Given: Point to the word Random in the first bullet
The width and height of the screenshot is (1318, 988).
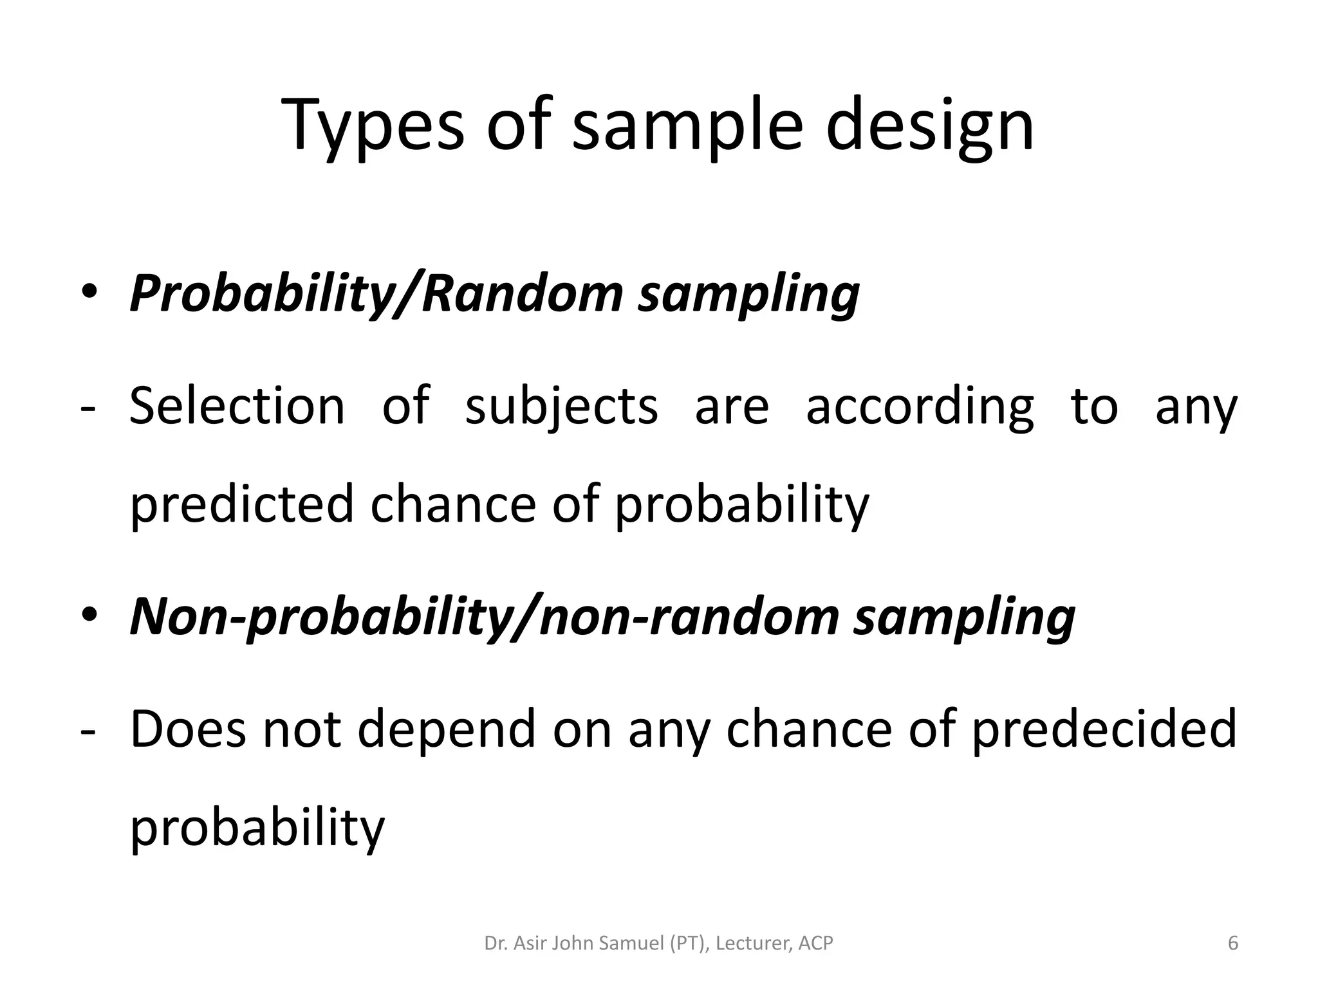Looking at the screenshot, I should pyautogui.click(x=522, y=293).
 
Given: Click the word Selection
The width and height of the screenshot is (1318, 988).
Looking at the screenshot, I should pyautogui.click(x=237, y=407).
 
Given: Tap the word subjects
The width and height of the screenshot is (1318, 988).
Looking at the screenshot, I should pyautogui.click(x=561, y=407).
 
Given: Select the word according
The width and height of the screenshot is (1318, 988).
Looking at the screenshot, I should pyautogui.click(x=920, y=407).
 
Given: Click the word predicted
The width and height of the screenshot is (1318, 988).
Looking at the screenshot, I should pyautogui.click(x=242, y=504).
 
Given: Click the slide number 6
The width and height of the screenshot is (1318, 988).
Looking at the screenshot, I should pyautogui.click(x=1232, y=944).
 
